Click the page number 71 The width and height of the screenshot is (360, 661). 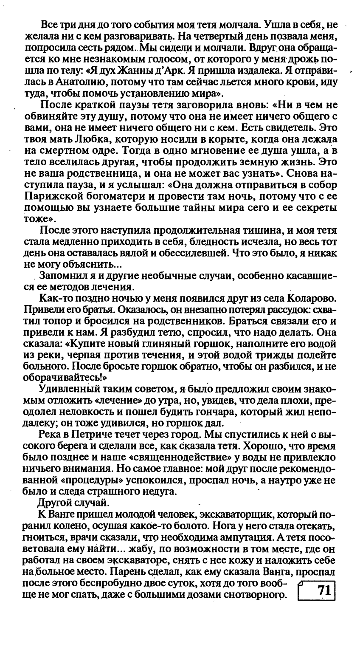coord(323,590)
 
